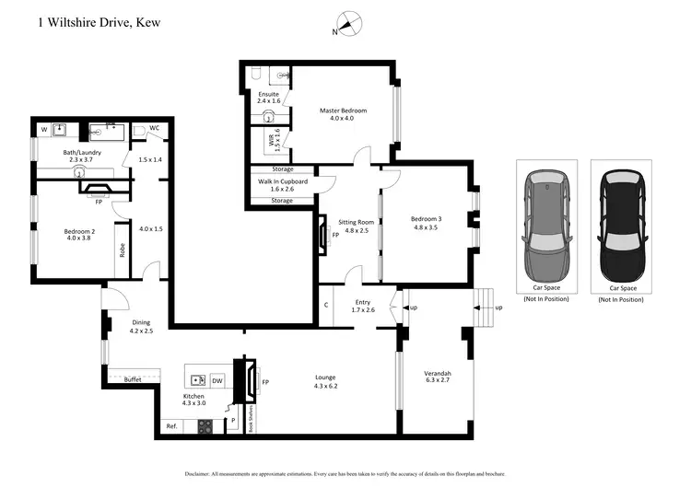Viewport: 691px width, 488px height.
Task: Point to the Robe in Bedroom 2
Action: coord(121,250)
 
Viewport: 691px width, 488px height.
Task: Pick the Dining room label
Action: coord(140,325)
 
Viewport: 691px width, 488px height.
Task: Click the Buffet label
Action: coord(132,379)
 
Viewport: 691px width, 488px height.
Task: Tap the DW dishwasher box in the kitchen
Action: coord(217,379)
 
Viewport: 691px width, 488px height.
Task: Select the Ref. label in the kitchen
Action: coord(171,426)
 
